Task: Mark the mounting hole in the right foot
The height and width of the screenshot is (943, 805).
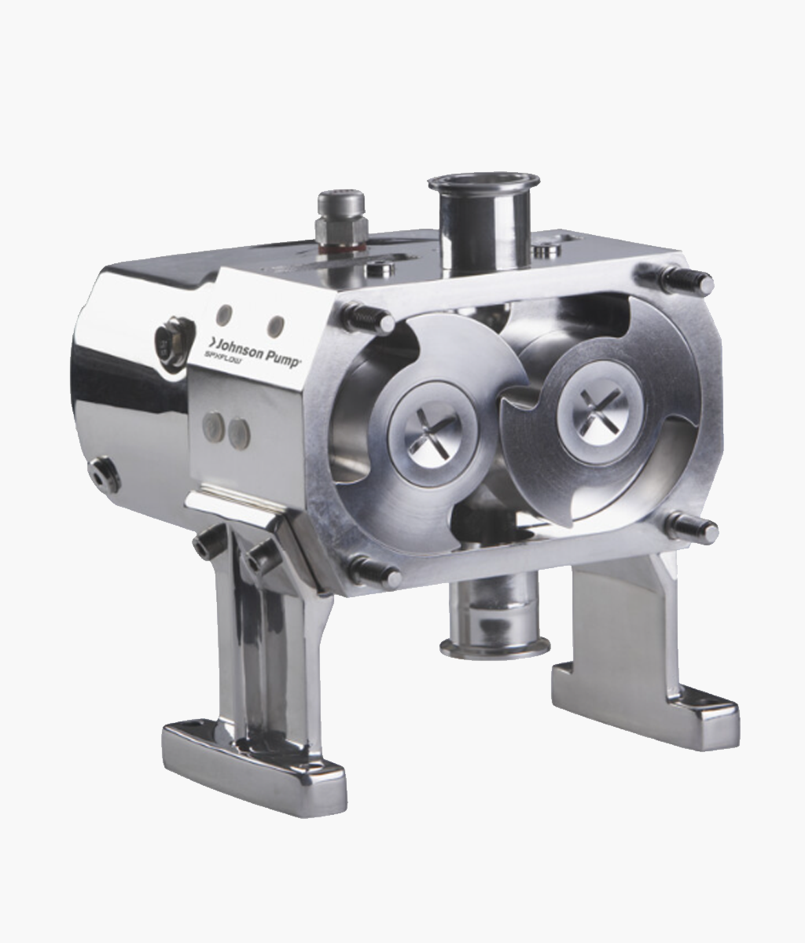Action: [x=716, y=703]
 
